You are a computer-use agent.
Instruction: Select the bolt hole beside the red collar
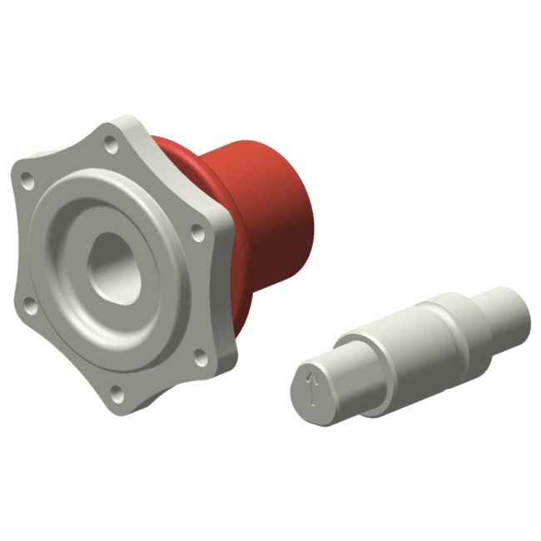[x=197, y=230]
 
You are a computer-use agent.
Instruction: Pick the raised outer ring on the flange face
[x=58, y=250]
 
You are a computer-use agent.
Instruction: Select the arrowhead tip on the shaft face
[x=313, y=375]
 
